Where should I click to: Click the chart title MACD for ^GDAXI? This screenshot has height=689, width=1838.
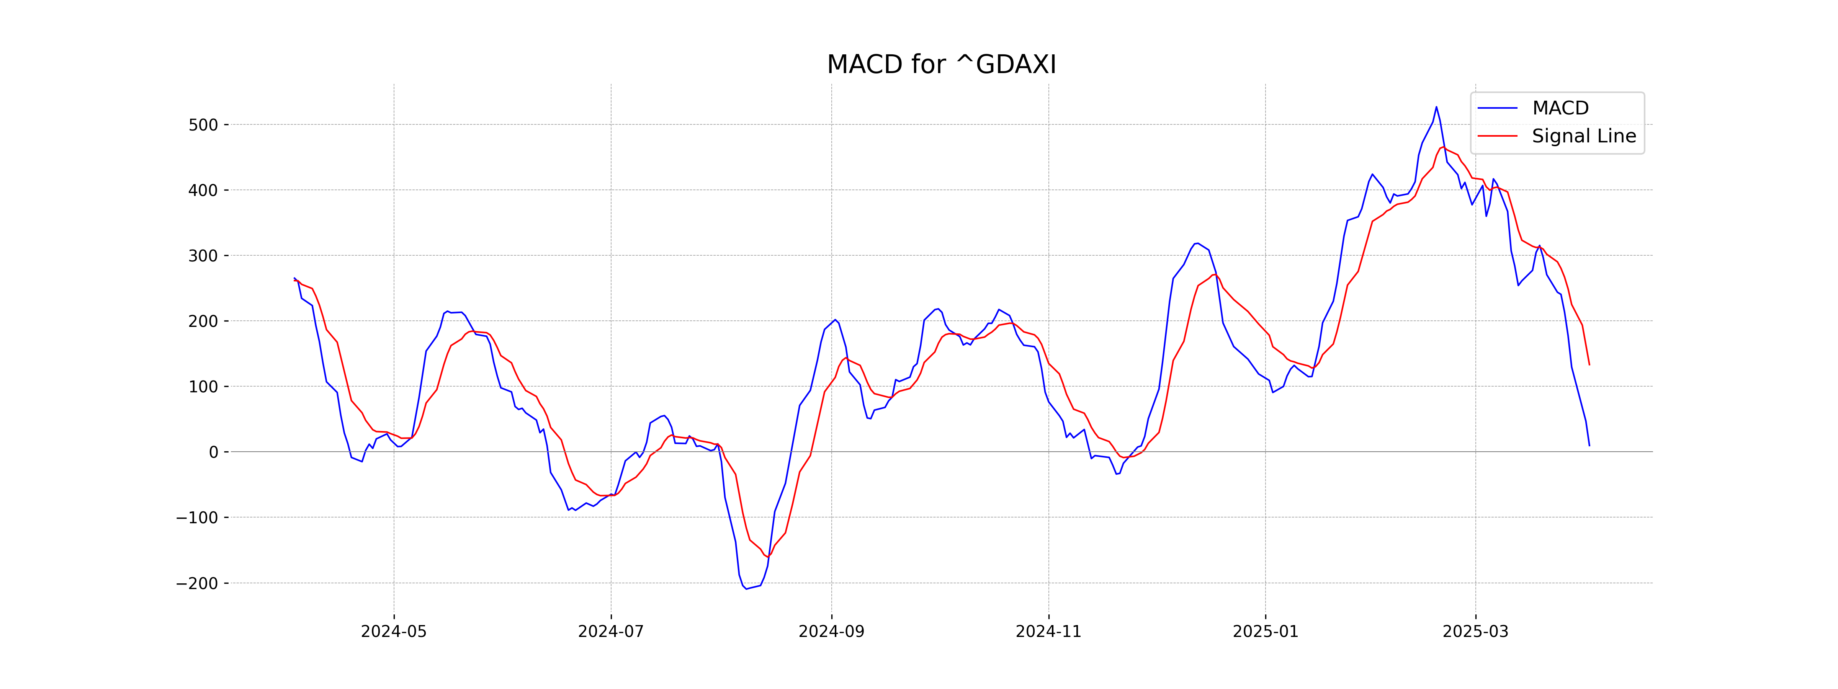pos(941,65)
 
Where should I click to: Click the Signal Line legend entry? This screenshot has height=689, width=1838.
pos(1583,136)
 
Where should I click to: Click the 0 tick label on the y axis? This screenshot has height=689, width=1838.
pos(213,452)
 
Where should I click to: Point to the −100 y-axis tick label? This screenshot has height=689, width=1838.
pos(197,518)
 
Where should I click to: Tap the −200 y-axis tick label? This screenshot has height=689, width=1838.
pos(197,583)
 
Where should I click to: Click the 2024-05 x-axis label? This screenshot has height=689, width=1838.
pos(394,632)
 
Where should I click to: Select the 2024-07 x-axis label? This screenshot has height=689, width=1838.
pos(611,632)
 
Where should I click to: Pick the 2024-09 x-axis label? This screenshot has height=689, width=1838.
pos(831,632)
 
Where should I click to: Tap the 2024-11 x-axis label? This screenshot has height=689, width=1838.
pos(1048,632)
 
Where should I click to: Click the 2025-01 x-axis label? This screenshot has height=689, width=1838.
pos(1266,632)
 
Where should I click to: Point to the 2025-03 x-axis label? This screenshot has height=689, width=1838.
pos(1475,632)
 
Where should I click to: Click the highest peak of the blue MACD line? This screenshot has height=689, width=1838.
pos(1436,107)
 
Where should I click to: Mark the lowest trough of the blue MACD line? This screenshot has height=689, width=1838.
pos(746,588)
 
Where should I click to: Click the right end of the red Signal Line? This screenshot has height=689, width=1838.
pos(1589,364)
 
